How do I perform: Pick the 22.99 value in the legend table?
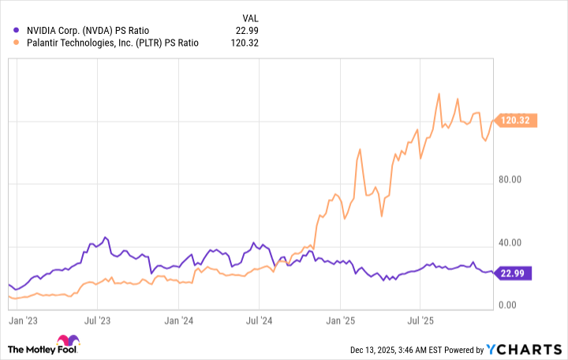pyautogui.click(x=246, y=30)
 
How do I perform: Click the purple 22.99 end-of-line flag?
pyautogui.click(x=516, y=273)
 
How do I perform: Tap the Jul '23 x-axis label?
pyautogui.click(x=97, y=322)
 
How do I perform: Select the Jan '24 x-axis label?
pyautogui.click(x=178, y=322)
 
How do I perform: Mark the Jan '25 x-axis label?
pyautogui.click(x=340, y=322)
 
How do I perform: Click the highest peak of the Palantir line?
pyautogui.click(x=439, y=94)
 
